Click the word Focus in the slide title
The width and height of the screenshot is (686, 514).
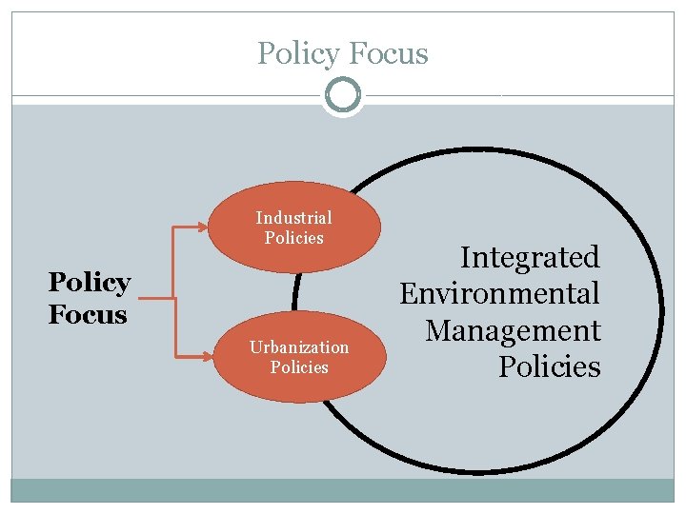[x=388, y=54]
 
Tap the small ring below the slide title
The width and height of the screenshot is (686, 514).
[x=343, y=95]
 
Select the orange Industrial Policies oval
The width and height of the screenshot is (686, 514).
[x=294, y=227]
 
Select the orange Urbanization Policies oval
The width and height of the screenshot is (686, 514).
[x=298, y=357]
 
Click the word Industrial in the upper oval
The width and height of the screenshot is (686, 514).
[x=293, y=218]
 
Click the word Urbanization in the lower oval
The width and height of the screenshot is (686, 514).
[x=299, y=347]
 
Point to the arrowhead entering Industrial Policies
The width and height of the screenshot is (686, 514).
[x=202, y=227]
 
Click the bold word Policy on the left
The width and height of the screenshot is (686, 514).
[x=89, y=283]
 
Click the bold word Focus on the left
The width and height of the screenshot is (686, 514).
[x=87, y=313]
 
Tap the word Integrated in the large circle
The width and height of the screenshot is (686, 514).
[x=530, y=257]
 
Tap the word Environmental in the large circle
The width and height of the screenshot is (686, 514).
[x=499, y=293]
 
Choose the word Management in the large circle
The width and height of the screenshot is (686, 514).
[x=513, y=330]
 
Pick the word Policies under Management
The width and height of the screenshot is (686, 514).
[x=550, y=366]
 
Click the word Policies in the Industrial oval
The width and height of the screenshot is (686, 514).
[x=294, y=238]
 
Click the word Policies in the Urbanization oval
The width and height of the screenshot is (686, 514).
[x=299, y=367]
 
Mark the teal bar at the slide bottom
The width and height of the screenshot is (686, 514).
[x=343, y=490]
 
